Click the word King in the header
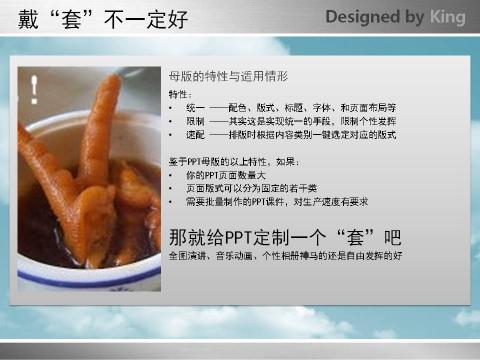(x=445, y=17)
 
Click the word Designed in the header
(x=357, y=17)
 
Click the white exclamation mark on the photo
(x=35, y=89)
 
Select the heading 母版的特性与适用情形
(x=228, y=76)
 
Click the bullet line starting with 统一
(x=290, y=107)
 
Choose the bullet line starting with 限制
(x=290, y=120)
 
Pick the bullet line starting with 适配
(x=290, y=134)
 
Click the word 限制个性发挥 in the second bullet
(x=371, y=120)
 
